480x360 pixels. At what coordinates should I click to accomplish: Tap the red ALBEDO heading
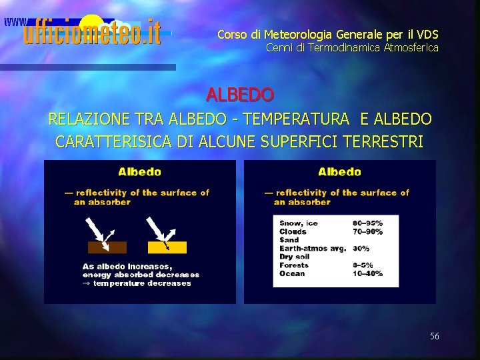click(x=239, y=95)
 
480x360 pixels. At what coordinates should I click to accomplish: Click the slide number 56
click(x=434, y=336)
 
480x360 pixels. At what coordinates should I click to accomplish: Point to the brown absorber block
click(x=107, y=247)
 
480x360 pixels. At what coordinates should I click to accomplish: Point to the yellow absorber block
click(x=167, y=247)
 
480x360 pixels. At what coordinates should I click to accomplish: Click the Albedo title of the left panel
click(x=139, y=171)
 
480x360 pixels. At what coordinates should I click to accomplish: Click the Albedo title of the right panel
click(x=339, y=171)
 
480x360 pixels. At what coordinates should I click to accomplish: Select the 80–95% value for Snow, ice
click(x=367, y=223)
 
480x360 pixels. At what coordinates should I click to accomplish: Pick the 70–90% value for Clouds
click(x=367, y=231)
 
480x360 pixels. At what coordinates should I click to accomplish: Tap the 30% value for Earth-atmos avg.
click(x=361, y=248)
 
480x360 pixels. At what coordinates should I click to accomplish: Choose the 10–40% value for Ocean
click(x=367, y=273)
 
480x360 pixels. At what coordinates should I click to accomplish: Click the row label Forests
click(x=294, y=265)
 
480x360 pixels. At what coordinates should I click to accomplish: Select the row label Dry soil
click(x=295, y=257)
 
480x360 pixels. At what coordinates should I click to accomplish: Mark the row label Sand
click(x=289, y=240)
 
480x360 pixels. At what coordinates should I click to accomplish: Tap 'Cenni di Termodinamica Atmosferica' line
click(x=352, y=47)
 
